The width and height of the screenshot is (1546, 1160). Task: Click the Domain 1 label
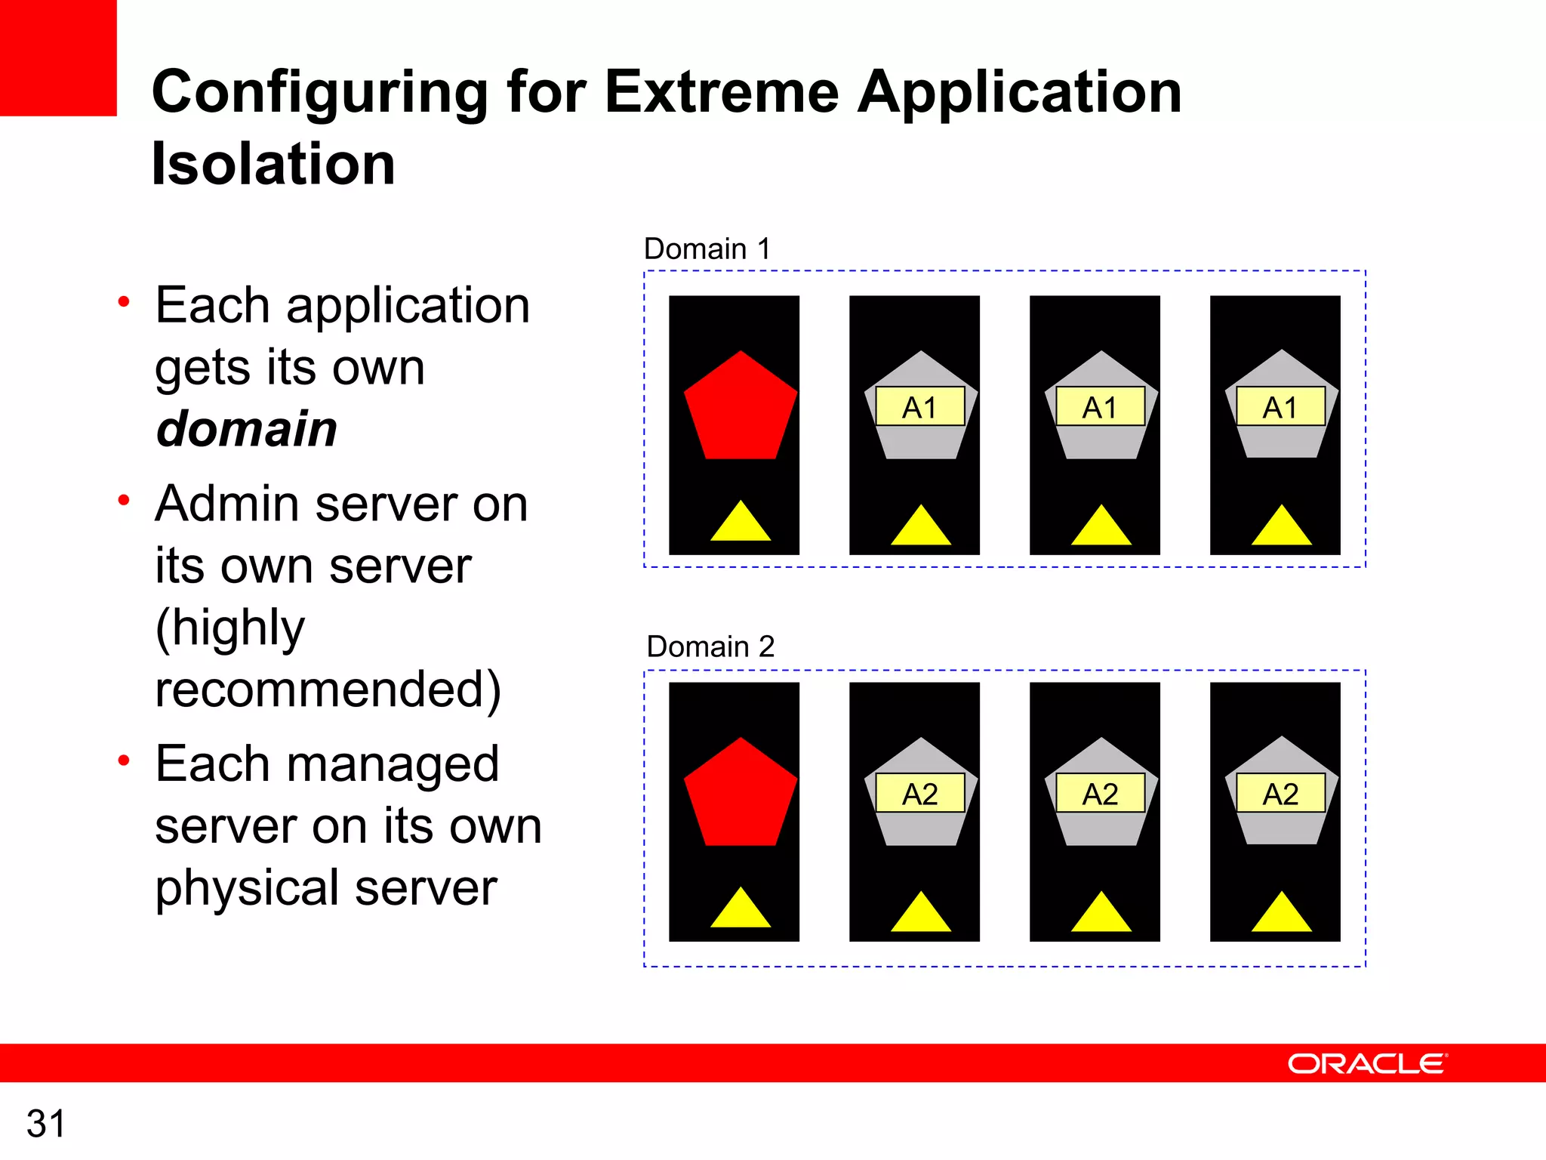(707, 248)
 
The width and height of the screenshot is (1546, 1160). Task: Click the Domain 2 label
(710, 646)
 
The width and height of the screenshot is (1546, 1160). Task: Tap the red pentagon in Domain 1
(740, 409)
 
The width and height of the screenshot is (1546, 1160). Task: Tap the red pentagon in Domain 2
(740, 796)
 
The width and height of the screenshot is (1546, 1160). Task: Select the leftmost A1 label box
(919, 407)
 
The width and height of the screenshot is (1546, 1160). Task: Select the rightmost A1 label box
(1280, 407)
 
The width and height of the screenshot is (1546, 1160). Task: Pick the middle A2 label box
(1100, 794)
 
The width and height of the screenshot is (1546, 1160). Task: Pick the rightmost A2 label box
(1280, 794)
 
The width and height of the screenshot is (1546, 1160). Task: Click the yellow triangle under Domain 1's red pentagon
(740, 524)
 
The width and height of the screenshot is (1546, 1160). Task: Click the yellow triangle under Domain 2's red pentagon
(740, 911)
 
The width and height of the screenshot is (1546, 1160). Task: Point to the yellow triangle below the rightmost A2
(1281, 915)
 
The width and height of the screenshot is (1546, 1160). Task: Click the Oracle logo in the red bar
(1366, 1063)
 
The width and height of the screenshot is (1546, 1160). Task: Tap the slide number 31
(45, 1124)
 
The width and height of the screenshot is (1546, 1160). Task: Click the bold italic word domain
(246, 429)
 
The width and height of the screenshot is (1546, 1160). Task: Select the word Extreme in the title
(721, 92)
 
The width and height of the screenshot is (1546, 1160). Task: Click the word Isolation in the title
(273, 164)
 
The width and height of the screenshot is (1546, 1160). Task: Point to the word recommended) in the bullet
(328, 690)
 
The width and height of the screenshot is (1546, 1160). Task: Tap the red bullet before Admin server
(124, 500)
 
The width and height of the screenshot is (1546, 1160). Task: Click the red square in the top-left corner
(58, 57)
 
